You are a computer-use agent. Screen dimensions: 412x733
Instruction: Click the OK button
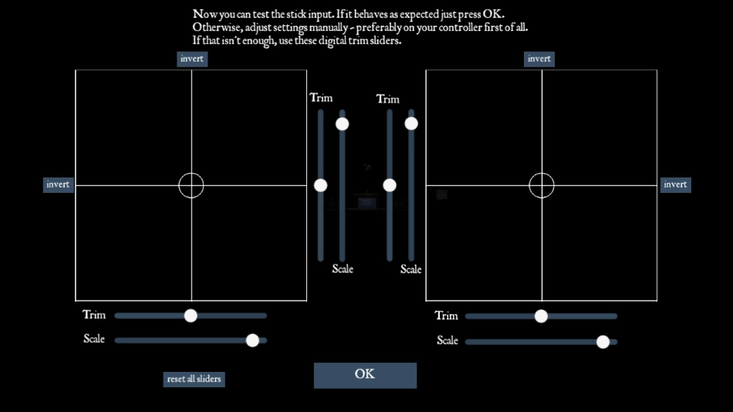[x=365, y=375]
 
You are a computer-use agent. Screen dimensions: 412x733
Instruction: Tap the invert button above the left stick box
[x=192, y=59]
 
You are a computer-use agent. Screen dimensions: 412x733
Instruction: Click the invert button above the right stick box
[x=539, y=59]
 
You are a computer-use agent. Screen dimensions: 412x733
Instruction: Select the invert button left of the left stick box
[x=58, y=184]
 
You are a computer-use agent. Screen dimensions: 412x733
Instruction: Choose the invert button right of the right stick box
[x=675, y=184]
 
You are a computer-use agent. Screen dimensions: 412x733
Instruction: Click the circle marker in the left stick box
[x=191, y=185]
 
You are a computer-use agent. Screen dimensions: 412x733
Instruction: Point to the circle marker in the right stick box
[x=542, y=185]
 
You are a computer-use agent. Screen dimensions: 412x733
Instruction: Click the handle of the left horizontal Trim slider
[x=191, y=316]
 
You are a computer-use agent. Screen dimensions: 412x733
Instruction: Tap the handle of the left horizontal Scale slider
[x=252, y=339]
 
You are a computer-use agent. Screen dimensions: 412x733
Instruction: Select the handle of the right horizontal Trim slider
[x=541, y=316]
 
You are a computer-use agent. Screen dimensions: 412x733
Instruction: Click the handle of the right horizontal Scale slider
[x=603, y=341]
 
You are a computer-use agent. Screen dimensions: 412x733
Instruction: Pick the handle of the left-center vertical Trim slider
[x=321, y=185]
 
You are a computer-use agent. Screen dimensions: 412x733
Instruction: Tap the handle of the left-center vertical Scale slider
[x=343, y=123]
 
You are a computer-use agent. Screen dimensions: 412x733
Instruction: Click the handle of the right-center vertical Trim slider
[x=390, y=185]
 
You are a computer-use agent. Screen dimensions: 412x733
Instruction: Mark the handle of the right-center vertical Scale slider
[x=411, y=123]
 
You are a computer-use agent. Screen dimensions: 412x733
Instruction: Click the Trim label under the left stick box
[x=94, y=315]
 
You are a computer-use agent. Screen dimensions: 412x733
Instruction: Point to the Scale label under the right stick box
[x=448, y=340]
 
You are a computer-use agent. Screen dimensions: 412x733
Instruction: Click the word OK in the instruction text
[x=492, y=15]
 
